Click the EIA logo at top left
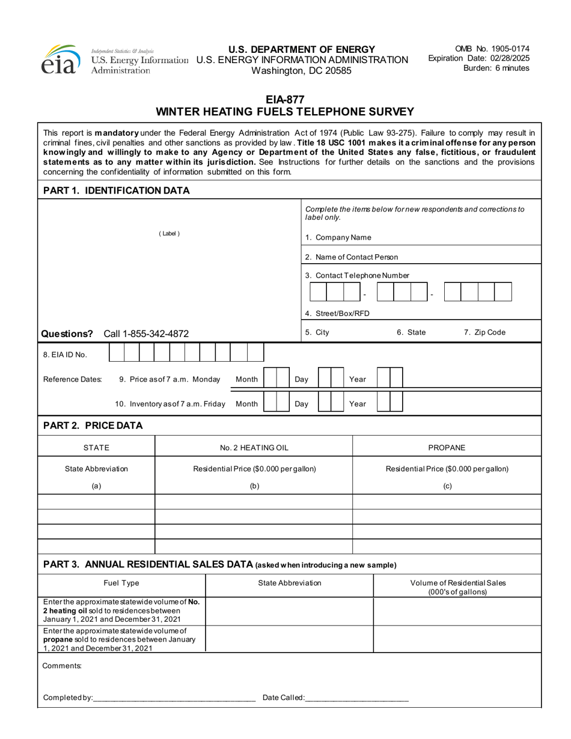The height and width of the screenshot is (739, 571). click(60, 60)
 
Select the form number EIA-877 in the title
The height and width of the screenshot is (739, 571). click(285, 100)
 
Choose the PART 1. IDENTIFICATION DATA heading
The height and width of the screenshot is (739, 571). click(117, 190)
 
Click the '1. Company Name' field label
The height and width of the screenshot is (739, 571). click(338, 237)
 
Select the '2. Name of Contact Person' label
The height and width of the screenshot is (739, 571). click(351, 257)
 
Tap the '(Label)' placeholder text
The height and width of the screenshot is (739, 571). click(169, 234)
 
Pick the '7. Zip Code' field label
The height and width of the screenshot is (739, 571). click(484, 332)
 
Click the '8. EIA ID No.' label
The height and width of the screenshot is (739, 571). click(65, 354)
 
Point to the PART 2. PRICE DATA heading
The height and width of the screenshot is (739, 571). click(93, 425)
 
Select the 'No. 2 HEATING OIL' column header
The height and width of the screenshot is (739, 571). click(254, 448)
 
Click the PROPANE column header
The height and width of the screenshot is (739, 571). click(447, 448)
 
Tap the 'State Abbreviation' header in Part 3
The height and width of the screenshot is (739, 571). click(290, 583)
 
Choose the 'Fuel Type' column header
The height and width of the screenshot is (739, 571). click(121, 583)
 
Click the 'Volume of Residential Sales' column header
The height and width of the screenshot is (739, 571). click(457, 583)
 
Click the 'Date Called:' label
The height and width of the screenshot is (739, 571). click(283, 698)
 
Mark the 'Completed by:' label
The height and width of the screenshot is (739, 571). click(67, 698)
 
